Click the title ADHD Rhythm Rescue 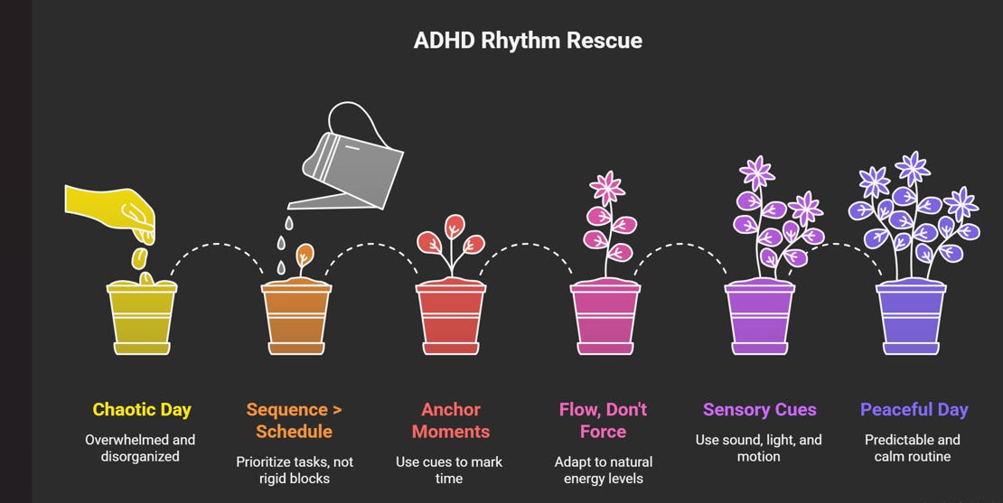point(528,42)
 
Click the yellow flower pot point(142,317)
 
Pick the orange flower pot point(295,317)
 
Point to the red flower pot point(450,317)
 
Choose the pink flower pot point(605,317)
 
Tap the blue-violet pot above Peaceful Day point(911,317)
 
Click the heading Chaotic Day point(142,410)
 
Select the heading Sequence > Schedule point(295,420)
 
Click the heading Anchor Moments point(450,420)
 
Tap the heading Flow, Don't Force point(603,420)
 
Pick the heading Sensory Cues point(759,410)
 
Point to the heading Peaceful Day point(914,410)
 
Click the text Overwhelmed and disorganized point(140,448)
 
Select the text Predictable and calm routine point(912,448)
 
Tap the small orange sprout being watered point(305,256)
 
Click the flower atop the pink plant point(607,187)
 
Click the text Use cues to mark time point(449,470)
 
